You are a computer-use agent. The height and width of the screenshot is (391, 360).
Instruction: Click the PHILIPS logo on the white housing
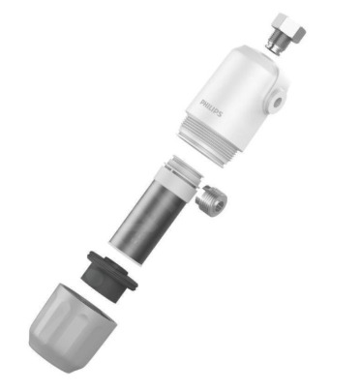pyautogui.click(x=211, y=108)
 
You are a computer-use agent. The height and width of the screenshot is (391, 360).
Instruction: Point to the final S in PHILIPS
pyautogui.click(x=220, y=114)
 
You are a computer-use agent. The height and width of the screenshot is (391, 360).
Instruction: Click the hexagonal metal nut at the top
pyautogui.click(x=289, y=28)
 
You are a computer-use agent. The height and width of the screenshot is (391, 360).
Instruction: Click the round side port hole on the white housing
pyautogui.click(x=277, y=102)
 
